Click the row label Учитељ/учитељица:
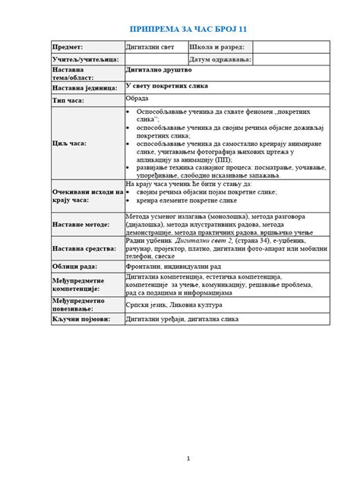coord(84,58)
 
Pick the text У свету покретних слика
coord(163,86)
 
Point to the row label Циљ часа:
coord(69,142)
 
